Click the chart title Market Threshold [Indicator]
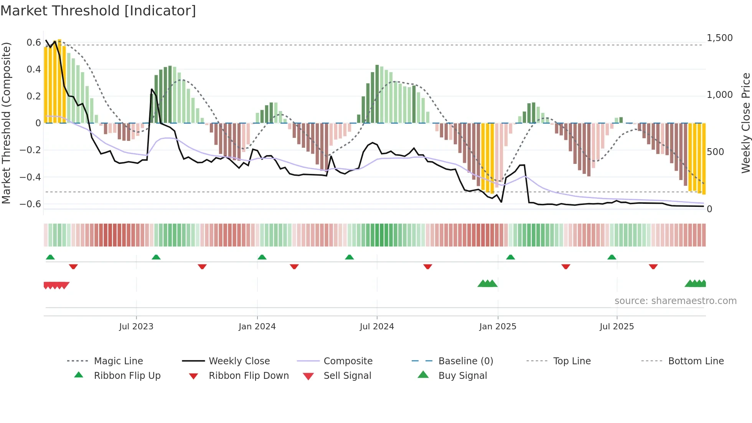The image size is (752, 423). click(98, 11)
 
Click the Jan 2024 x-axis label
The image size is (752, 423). click(257, 327)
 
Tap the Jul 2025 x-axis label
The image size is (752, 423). click(617, 327)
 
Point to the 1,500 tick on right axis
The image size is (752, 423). click(719, 38)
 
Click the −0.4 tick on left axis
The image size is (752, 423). click(30, 177)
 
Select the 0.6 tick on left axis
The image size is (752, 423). click(33, 42)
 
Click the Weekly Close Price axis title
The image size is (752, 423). click(745, 123)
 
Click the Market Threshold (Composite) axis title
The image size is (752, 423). click(6, 123)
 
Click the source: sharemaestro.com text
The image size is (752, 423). click(675, 301)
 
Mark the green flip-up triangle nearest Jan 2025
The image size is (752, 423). click(510, 257)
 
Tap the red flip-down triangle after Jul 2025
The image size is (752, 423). click(653, 266)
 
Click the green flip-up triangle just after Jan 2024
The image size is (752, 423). click(262, 257)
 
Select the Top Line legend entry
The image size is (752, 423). click(572, 361)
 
